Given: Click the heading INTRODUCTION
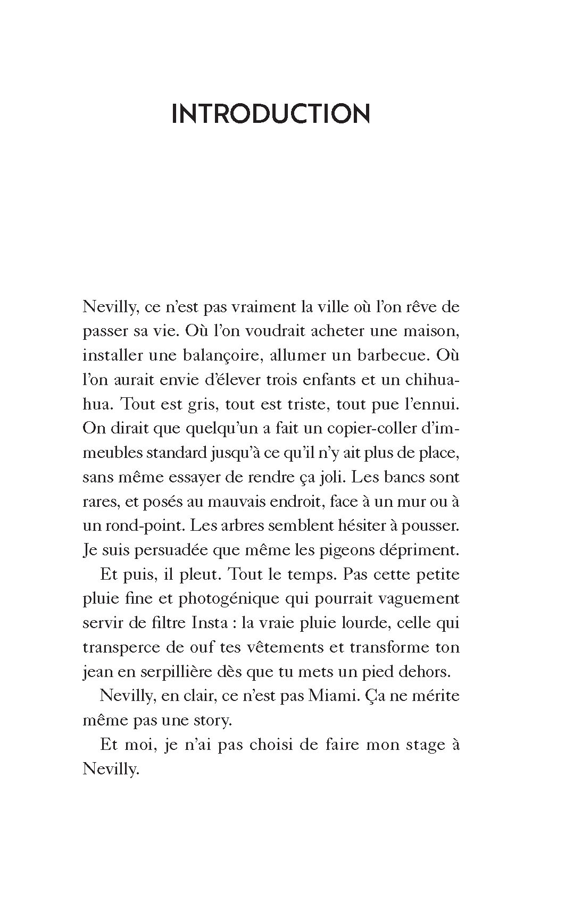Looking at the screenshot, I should click(271, 114).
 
